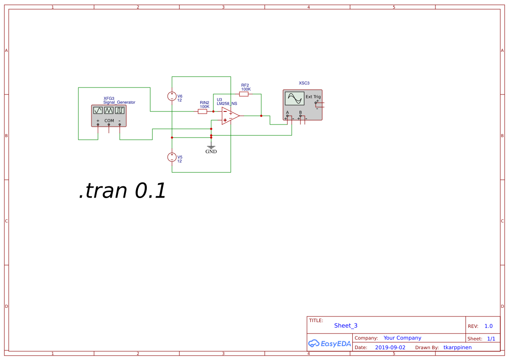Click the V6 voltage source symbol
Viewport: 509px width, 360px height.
tap(172, 96)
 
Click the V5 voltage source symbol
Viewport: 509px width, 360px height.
tap(172, 157)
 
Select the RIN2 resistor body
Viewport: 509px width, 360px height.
tap(202, 111)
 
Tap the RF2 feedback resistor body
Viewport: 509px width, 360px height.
tap(244, 94)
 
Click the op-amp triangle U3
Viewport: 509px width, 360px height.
tap(230, 116)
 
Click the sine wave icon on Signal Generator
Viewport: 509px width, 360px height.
tap(98, 111)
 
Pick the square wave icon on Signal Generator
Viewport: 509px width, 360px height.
tap(120, 111)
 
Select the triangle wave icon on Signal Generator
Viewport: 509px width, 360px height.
tap(109, 111)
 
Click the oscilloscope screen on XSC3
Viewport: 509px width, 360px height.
tap(294, 99)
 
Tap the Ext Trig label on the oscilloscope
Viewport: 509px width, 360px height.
tap(313, 97)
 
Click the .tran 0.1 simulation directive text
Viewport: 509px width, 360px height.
tap(123, 191)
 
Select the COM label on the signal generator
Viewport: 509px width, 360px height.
tap(109, 121)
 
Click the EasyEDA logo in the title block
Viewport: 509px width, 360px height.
tap(330, 343)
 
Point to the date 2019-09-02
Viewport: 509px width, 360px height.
tap(390, 347)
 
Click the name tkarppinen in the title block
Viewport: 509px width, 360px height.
tap(457, 347)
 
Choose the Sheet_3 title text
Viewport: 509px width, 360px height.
tap(346, 326)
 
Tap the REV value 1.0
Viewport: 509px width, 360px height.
tap(489, 326)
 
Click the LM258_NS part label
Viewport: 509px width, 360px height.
tap(227, 104)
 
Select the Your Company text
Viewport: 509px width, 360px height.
tap(402, 338)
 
